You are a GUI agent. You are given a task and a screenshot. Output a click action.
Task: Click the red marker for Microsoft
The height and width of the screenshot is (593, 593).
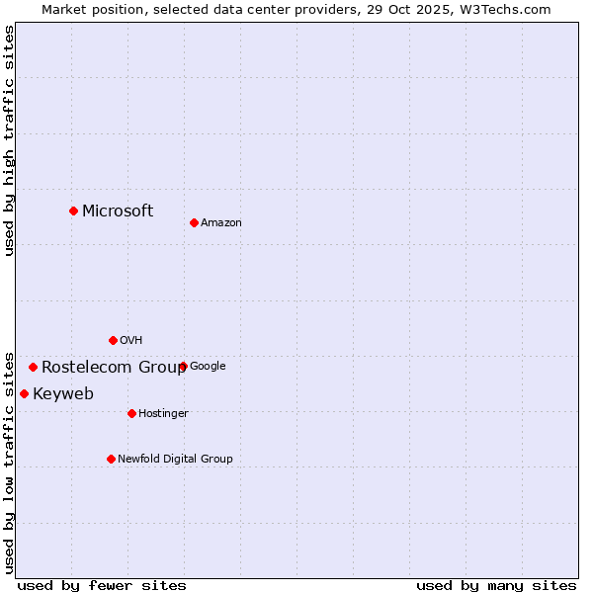73,211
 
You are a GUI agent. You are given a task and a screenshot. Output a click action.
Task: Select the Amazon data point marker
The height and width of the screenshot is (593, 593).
194,222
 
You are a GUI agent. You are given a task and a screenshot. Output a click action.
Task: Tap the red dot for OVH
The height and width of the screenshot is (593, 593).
113,340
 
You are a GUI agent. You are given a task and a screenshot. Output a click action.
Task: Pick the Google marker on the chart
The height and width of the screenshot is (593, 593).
183,366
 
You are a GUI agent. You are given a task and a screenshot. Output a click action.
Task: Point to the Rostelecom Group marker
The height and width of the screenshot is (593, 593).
33,367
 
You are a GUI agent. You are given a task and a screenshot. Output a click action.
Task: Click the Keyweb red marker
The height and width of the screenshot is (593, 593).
24,393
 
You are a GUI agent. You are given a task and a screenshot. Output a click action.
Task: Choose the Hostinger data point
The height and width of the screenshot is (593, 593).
131,413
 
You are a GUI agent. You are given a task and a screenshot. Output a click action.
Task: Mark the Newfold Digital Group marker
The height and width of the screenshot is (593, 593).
111,459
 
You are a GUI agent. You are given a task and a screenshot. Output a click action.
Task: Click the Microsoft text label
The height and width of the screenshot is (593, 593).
118,211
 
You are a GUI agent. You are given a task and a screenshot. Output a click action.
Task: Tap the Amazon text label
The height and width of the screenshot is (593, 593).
221,223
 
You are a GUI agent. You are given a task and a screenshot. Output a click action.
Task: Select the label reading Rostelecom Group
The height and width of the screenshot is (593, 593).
113,368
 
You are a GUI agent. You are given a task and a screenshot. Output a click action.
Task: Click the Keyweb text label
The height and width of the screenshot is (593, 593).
63,394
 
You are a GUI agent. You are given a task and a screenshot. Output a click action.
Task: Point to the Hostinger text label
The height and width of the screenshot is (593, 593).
163,414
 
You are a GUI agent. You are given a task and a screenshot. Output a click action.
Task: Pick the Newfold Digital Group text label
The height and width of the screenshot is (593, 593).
175,460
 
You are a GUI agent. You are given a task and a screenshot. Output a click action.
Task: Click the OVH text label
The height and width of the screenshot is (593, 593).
131,341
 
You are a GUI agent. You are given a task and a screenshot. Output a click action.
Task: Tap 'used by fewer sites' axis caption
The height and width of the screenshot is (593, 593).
102,585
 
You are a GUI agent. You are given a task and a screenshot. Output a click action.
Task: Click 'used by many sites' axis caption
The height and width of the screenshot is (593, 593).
496,585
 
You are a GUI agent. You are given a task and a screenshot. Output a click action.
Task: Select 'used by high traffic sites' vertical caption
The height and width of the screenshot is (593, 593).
9,140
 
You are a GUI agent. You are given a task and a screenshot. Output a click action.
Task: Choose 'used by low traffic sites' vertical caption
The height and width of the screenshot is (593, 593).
9,462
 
